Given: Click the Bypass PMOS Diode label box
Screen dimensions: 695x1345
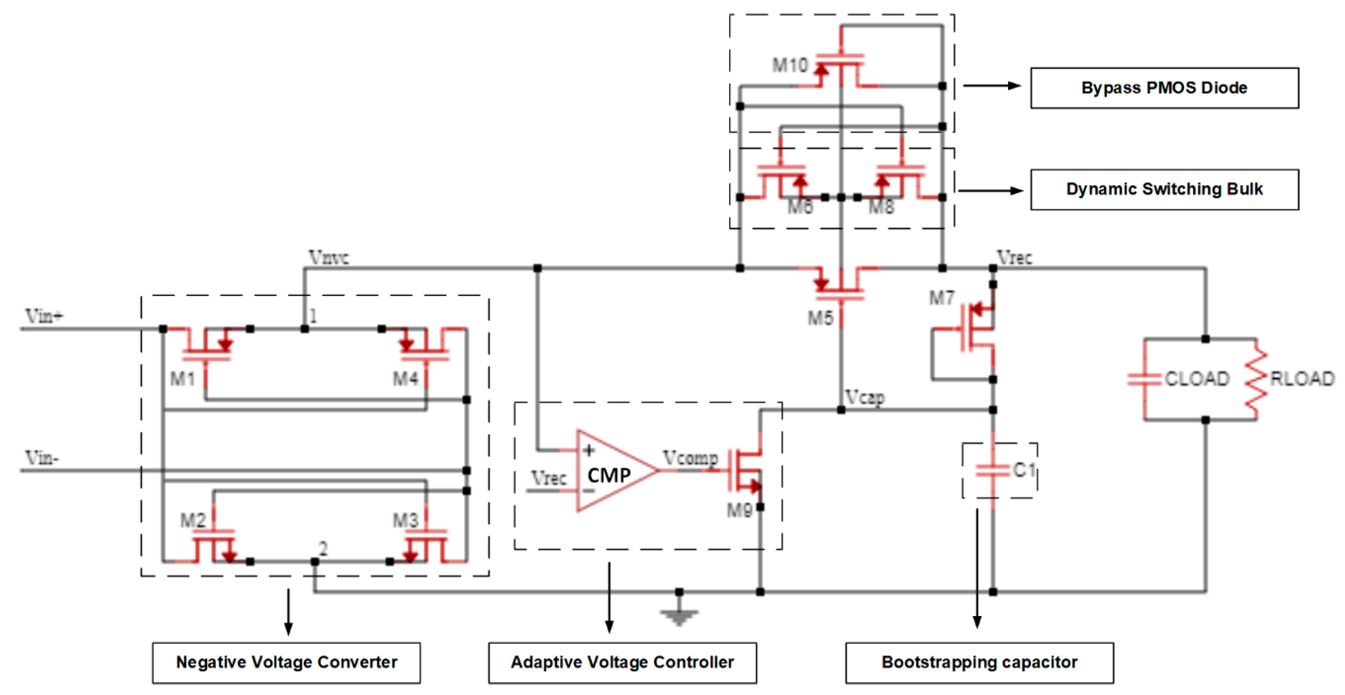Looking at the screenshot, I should [x=1164, y=88].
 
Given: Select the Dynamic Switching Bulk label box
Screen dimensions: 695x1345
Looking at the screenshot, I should [x=1164, y=189].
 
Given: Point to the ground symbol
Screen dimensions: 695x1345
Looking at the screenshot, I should [x=679, y=616].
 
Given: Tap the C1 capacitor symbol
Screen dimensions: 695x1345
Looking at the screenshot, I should [x=993, y=471].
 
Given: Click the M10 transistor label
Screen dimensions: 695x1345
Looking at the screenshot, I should [x=789, y=66].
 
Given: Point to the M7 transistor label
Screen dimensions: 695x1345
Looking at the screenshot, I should [x=941, y=298].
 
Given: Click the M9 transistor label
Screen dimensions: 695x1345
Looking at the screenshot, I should [x=739, y=510].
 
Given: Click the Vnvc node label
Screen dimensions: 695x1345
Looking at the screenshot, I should [x=329, y=257].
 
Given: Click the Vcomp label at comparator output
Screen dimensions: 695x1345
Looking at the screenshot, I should [x=690, y=458].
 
